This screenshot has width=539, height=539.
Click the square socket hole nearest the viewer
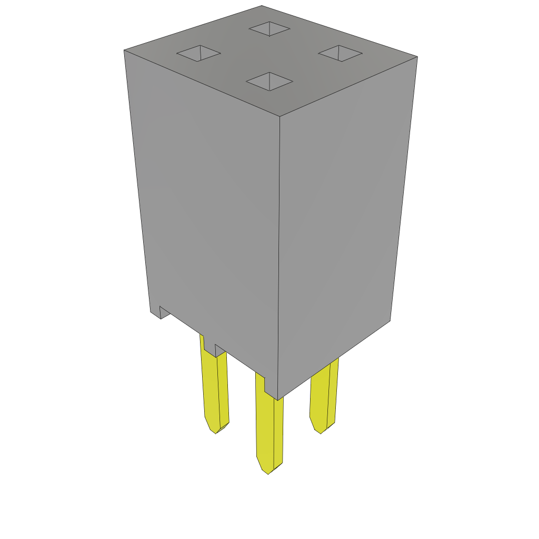point(269,82)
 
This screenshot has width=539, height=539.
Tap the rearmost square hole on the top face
point(269,28)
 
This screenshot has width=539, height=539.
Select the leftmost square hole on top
point(198,53)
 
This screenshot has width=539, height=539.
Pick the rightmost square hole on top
point(341,53)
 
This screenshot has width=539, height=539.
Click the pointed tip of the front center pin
point(268,472)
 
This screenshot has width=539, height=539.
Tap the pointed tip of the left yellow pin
point(215,432)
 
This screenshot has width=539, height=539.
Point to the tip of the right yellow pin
point(321,432)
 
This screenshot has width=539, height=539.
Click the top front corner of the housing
point(280,116)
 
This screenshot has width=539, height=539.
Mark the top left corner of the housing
point(124,51)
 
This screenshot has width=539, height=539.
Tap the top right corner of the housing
point(417,57)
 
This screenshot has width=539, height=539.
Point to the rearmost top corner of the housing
point(262,6)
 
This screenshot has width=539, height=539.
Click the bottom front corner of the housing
point(277,400)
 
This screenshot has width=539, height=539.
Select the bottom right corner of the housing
point(390,320)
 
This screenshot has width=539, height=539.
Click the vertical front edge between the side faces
point(278,253)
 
